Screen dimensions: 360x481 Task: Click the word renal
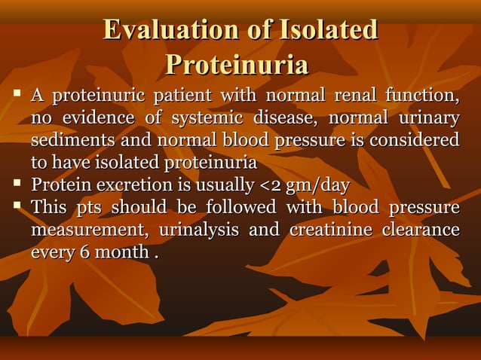coord(357,97)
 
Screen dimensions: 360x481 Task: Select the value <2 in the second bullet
coord(268,185)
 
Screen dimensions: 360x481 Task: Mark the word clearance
coord(421,230)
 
